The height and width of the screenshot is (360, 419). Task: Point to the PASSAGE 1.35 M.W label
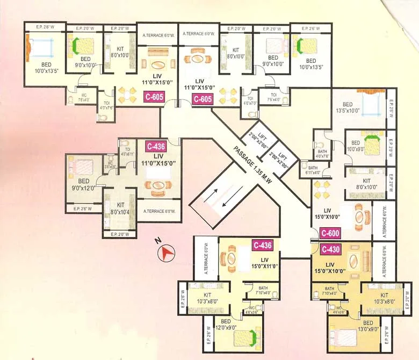(x=252, y=165)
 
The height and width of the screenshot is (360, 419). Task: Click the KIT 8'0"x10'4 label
(x=120, y=208)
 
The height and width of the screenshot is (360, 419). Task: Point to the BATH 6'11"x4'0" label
(x=313, y=171)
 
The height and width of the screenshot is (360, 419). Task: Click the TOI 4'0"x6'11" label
(x=128, y=152)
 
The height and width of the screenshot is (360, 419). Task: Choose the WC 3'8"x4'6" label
(x=110, y=165)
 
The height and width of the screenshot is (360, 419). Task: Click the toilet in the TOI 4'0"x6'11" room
(x=124, y=143)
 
